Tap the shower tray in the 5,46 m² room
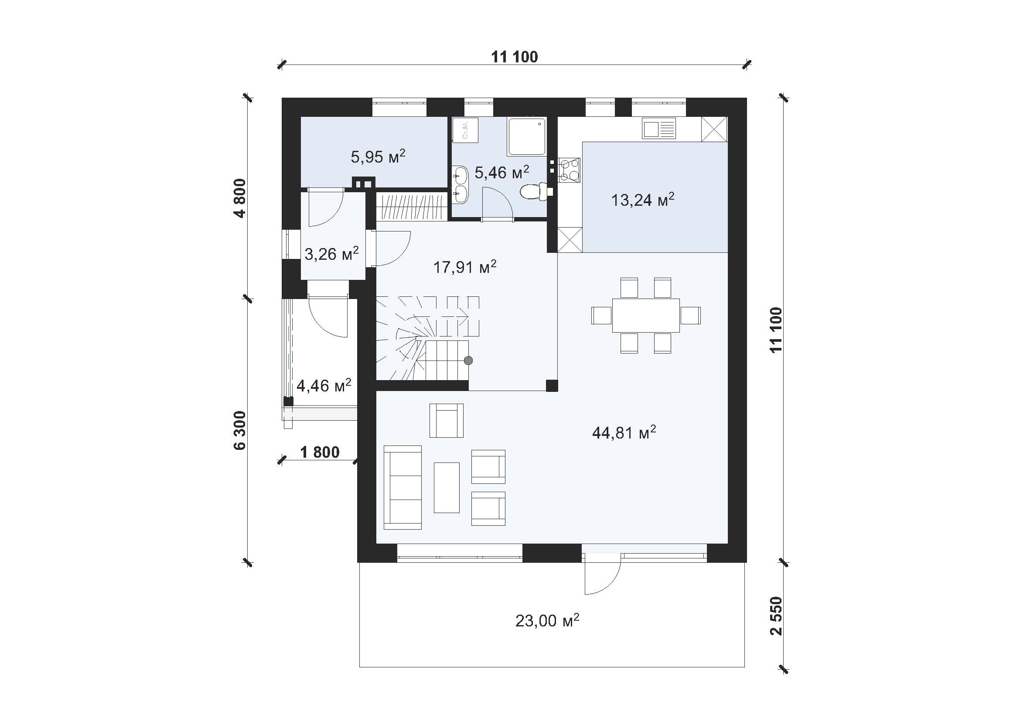click(x=527, y=137)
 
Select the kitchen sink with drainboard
click(x=659, y=128)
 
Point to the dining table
click(x=646, y=316)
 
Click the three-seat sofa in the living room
click(x=403, y=487)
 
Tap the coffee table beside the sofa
click(x=447, y=487)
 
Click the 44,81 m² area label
click(x=624, y=432)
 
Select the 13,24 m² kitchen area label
click(x=643, y=200)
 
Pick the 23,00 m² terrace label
click(x=547, y=620)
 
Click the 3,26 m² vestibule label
click(x=332, y=254)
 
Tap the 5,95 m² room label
click(x=378, y=156)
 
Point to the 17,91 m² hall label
click(x=465, y=267)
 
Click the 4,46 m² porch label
click(x=324, y=385)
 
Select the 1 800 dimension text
click(x=320, y=452)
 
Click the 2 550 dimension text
click(x=776, y=616)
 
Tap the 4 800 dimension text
click(x=240, y=198)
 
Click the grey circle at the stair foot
click(x=468, y=360)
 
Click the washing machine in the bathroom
click(x=466, y=130)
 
